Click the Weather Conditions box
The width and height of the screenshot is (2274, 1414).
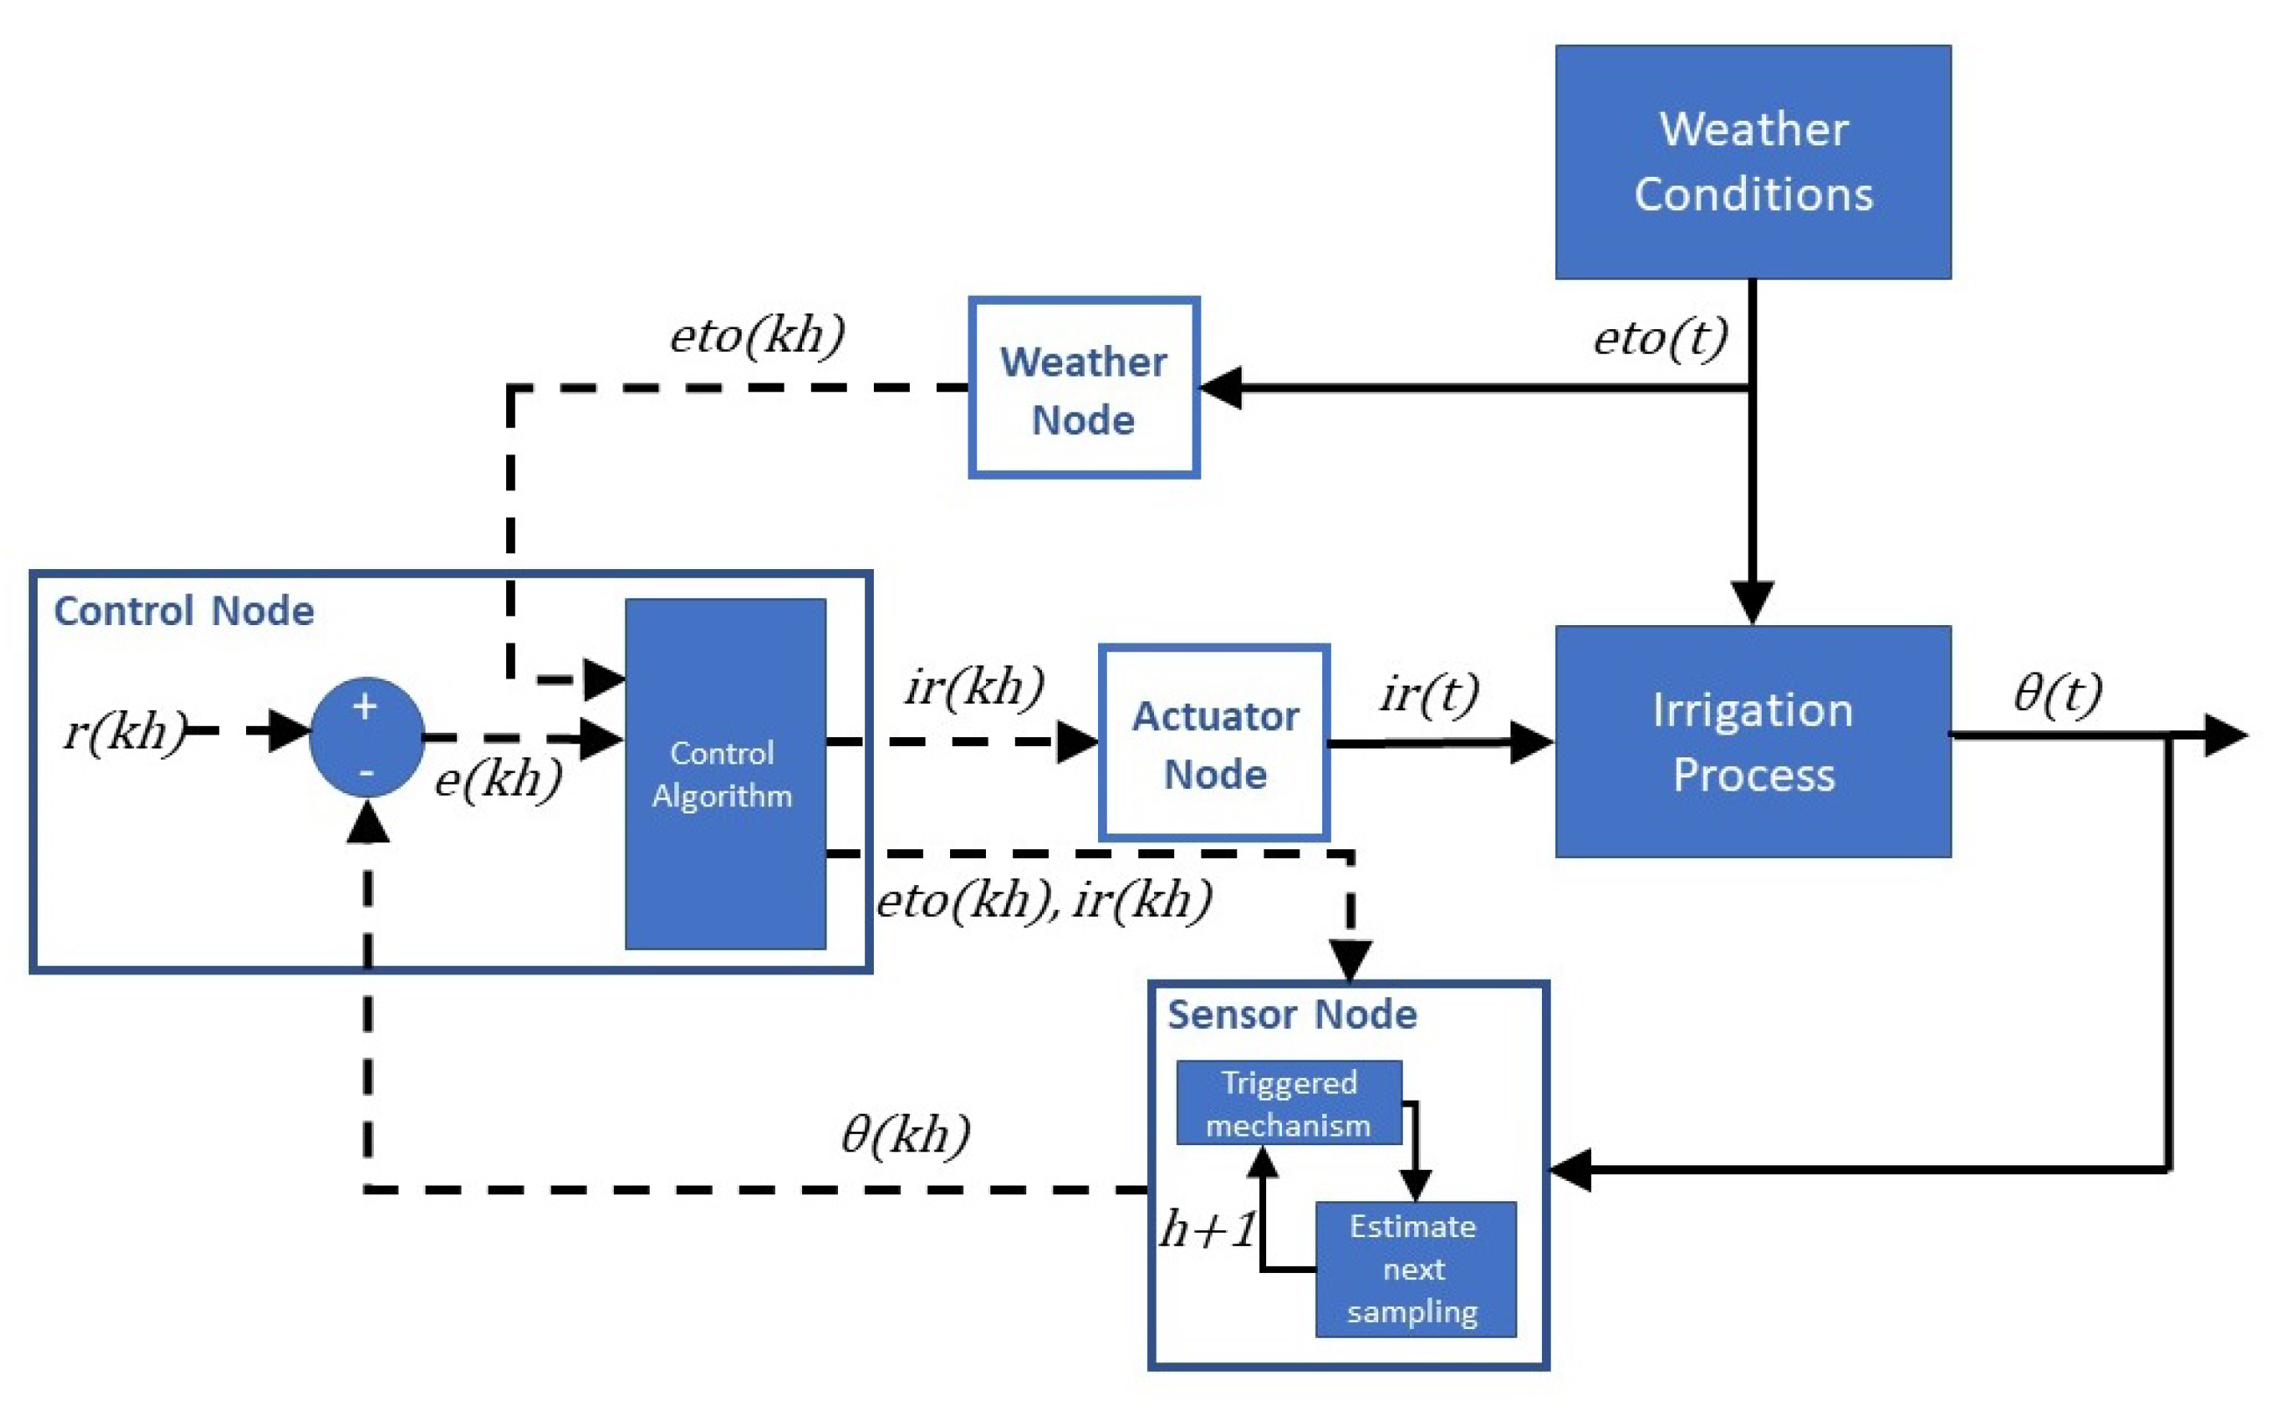click(x=1752, y=162)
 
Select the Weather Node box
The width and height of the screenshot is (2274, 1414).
click(x=1084, y=388)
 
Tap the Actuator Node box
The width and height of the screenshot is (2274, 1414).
click(x=1214, y=743)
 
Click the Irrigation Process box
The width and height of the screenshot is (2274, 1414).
click(x=1752, y=742)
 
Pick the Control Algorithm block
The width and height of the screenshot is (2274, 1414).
click(x=725, y=774)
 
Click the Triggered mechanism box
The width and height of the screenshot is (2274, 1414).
click(x=1287, y=1102)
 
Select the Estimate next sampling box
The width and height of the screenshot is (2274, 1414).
click(x=1415, y=1269)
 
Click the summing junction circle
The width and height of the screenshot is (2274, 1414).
click(x=367, y=738)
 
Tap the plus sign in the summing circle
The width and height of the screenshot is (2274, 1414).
click(x=364, y=707)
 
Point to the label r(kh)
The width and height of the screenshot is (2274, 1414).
click(x=124, y=731)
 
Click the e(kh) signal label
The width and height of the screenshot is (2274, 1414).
click(x=498, y=779)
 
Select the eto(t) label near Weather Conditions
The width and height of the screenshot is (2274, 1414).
click(x=1659, y=339)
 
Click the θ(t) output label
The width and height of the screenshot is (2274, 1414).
click(x=2058, y=694)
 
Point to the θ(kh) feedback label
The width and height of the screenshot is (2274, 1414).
click(x=905, y=1136)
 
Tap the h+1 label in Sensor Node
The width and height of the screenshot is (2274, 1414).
click(x=1207, y=1229)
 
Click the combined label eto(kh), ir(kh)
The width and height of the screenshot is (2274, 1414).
click(x=1044, y=901)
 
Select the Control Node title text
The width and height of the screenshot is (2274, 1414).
click(x=183, y=612)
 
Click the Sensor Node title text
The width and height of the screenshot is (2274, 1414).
click(x=1292, y=1015)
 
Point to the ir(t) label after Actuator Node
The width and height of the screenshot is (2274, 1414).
click(x=1429, y=694)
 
